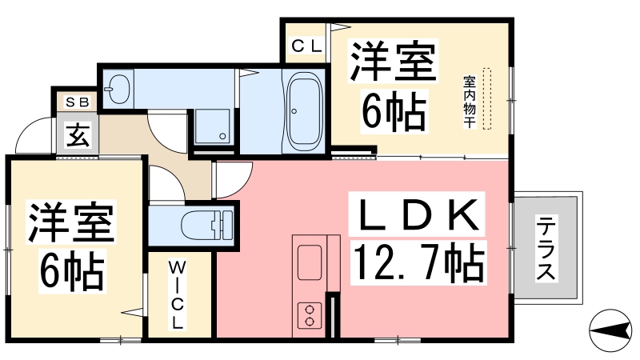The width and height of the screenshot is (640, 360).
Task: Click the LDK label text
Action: click(x=417, y=214)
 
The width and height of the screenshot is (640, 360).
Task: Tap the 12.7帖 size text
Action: click(x=418, y=262)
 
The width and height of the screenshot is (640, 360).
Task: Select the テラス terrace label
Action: click(x=546, y=249)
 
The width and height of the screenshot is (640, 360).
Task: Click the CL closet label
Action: click(x=307, y=46)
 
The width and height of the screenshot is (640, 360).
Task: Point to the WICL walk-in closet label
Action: click(x=178, y=295)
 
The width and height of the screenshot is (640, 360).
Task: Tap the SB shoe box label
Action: click(x=77, y=102)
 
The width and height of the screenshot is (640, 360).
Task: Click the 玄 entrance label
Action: click(x=78, y=135)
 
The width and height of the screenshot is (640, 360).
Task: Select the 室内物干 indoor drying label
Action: click(x=470, y=102)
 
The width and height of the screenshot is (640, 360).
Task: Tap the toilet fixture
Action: click(x=207, y=226)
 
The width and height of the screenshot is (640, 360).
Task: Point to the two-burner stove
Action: click(x=310, y=315)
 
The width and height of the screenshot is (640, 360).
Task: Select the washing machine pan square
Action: click(x=212, y=126)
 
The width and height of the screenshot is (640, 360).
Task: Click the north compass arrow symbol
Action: click(x=610, y=330)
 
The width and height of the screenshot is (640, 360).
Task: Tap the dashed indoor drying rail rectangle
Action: click(x=487, y=99)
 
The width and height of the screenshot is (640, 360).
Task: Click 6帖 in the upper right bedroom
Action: click(x=394, y=111)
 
